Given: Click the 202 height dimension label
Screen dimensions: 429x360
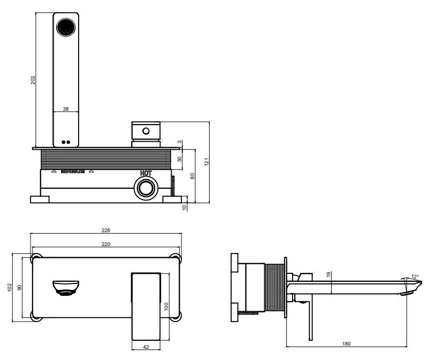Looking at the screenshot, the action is tap(33, 80).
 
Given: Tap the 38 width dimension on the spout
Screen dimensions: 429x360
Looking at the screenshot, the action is tap(66, 109).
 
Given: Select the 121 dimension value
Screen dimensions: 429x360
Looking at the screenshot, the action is tap(206, 162).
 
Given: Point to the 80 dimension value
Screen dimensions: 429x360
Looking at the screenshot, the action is tap(193, 176).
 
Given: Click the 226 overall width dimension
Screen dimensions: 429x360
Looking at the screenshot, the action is tap(106, 231).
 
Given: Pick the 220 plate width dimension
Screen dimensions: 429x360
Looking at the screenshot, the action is tap(106, 244).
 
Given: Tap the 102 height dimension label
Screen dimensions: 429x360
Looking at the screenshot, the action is tap(10, 287).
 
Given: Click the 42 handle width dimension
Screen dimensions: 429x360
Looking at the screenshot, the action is tap(146, 347).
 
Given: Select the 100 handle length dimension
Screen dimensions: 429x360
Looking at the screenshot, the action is tap(166, 307).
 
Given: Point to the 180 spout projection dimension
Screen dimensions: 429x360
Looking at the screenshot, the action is tap(347, 343).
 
